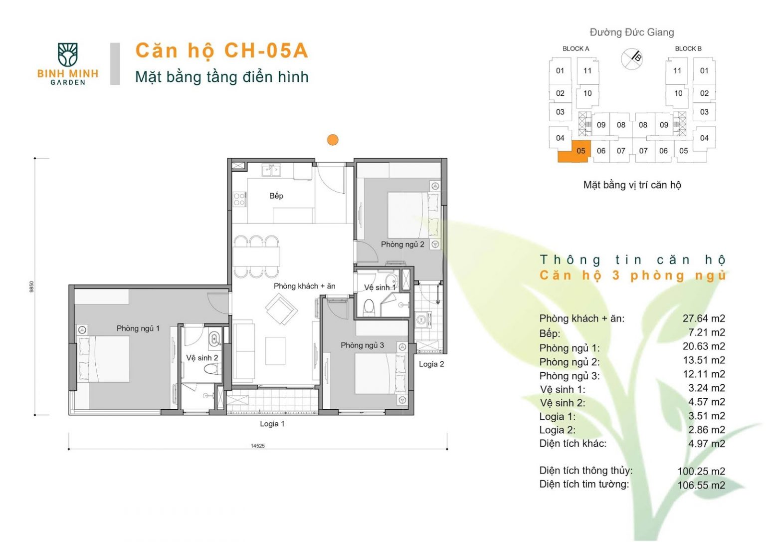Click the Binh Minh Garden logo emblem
tap(67, 54)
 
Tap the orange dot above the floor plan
tap(333, 140)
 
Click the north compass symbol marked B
tap(632, 58)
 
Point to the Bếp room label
tap(276, 196)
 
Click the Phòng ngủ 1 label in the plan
tap(138, 328)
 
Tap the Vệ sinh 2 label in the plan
tap(202, 358)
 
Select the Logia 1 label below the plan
tap(272, 424)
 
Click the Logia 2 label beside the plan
tap(431, 364)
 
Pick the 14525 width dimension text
tap(257, 446)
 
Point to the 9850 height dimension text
tap(32, 287)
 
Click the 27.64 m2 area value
tap(704, 318)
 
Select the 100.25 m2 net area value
tap(701, 471)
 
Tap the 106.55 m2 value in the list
tap(701, 485)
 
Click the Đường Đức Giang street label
tap(632, 32)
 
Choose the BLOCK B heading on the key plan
tap(688, 48)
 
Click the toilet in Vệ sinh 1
tap(369, 308)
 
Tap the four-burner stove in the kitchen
tap(239, 199)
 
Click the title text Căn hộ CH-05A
tap(221, 50)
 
